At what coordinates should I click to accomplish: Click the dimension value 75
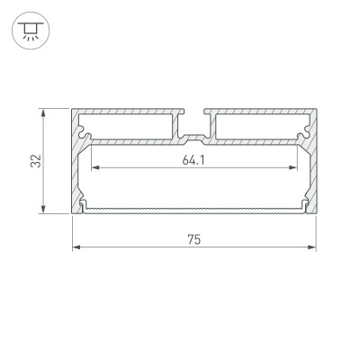pyautogui.click(x=193, y=239)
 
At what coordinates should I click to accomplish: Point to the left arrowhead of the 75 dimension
pyautogui.click(x=76, y=247)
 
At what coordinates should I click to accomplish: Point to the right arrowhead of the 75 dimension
pyautogui.click(x=312, y=247)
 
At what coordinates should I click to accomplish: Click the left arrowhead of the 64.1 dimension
pyautogui.click(x=91, y=168)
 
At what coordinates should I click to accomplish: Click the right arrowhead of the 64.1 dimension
pyautogui.click(x=296, y=168)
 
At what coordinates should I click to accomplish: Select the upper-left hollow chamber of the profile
pyautogui.click(x=130, y=125)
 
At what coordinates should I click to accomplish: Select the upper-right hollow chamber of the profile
pyautogui.click(x=259, y=125)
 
